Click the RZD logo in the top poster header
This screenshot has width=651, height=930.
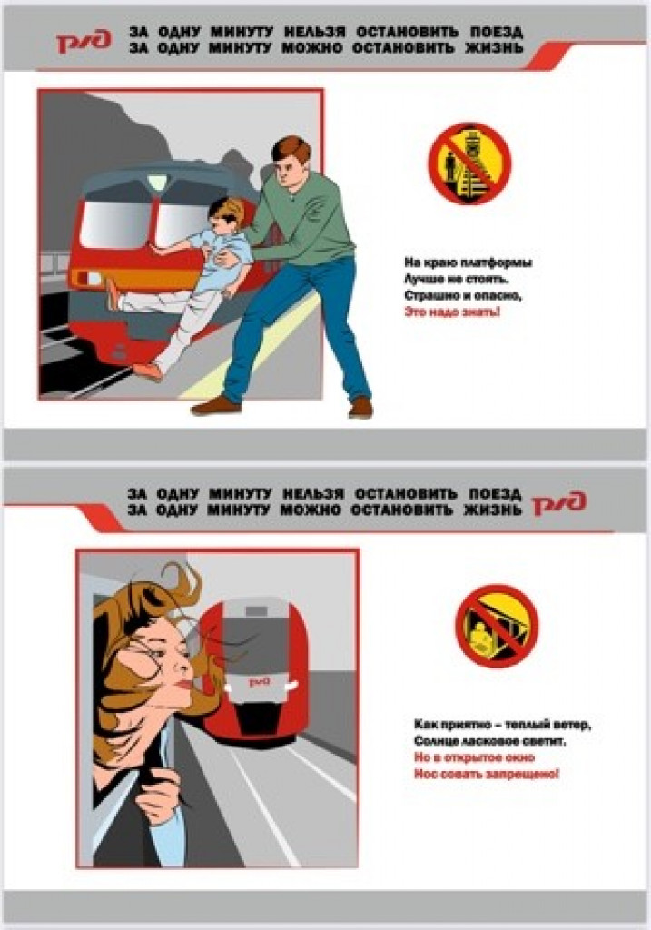point(84,42)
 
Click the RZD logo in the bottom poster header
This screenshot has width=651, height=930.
point(559,503)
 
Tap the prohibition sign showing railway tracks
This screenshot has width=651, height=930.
point(469,163)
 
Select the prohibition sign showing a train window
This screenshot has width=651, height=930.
point(497,626)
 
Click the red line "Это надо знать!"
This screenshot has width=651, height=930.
point(452,312)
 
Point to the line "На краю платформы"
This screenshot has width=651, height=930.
point(469,262)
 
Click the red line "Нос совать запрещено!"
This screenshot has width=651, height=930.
point(486,774)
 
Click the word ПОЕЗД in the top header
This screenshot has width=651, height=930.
point(497,31)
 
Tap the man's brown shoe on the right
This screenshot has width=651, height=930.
point(360,407)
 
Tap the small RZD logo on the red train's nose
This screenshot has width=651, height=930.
point(259,682)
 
